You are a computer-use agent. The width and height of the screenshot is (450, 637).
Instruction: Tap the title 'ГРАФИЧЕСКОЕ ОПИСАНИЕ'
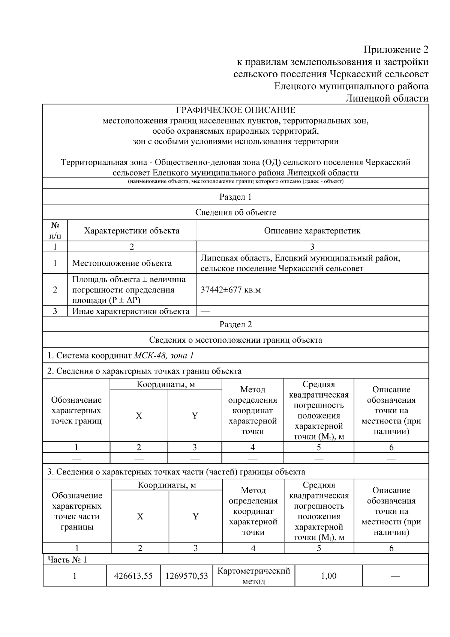(x=235, y=110)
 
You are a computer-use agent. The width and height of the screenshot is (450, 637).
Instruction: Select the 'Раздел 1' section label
(x=235, y=197)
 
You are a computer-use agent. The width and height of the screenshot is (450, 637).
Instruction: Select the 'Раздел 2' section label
(x=235, y=324)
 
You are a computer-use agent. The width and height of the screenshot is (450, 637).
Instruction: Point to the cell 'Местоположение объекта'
(x=122, y=263)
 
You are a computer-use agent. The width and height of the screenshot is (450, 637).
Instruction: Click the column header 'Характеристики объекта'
(x=132, y=230)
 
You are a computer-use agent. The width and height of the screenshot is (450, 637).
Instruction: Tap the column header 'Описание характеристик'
(x=312, y=230)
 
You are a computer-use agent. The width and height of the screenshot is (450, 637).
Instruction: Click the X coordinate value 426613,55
(x=133, y=576)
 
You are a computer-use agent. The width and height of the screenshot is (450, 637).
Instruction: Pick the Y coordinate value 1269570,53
(x=186, y=576)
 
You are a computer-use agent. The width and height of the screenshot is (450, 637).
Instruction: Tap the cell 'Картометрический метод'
(x=254, y=576)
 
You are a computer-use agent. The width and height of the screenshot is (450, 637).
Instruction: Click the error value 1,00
(x=328, y=576)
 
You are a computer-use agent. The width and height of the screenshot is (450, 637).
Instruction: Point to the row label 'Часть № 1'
(x=67, y=560)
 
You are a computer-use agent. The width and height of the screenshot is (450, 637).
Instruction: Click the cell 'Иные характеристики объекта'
(x=131, y=311)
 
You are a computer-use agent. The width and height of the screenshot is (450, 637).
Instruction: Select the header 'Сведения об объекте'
(x=235, y=212)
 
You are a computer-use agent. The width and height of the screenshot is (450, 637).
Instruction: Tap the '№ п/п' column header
(x=55, y=230)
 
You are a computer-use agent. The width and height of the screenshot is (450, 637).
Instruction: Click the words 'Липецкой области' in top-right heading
(x=387, y=98)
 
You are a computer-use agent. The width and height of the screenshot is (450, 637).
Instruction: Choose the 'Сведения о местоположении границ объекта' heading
(x=235, y=340)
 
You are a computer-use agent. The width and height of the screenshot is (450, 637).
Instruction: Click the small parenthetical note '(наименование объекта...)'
(x=235, y=182)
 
